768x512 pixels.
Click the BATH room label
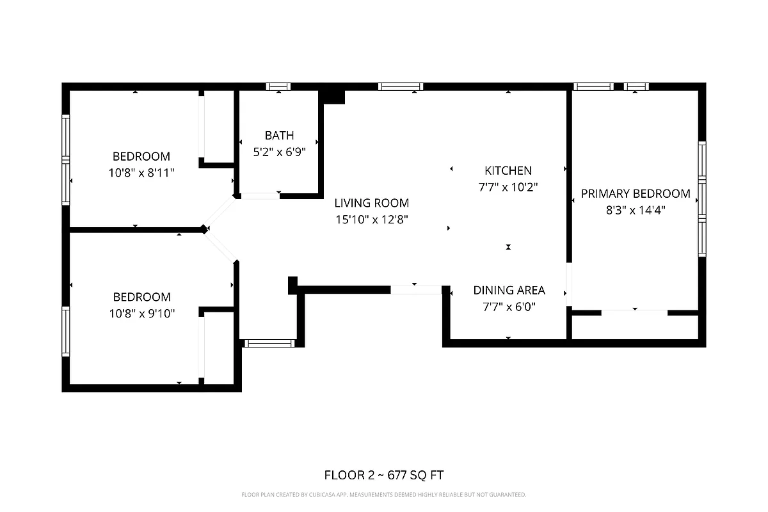(x=280, y=135)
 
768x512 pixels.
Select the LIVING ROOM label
(x=371, y=203)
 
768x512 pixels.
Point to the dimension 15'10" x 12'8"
(x=371, y=220)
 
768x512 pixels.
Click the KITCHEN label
(x=508, y=171)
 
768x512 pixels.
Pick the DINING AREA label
(x=509, y=290)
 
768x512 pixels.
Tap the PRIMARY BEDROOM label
(x=635, y=193)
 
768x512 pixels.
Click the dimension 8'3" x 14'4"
(x=635, y=210)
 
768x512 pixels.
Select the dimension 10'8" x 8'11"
(x=141, y=173)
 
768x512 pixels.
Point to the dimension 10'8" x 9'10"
(x=141, y=313)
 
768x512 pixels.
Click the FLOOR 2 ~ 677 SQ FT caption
(x=384, y=475)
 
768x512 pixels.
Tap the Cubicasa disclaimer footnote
(x=384, y=495)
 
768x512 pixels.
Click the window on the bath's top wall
(x=278, y=86)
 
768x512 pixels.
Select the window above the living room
(x=400, y=86)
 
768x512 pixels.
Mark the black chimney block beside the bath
(x=333, y=95)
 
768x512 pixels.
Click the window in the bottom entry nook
(x=270, y=344)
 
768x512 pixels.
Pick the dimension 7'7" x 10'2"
(x=508, y=188)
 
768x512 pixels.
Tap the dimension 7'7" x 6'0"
(x=509, y=307)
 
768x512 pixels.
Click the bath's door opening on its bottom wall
(x=260, y=196)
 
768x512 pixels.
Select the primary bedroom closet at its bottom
(x=634, y=327)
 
